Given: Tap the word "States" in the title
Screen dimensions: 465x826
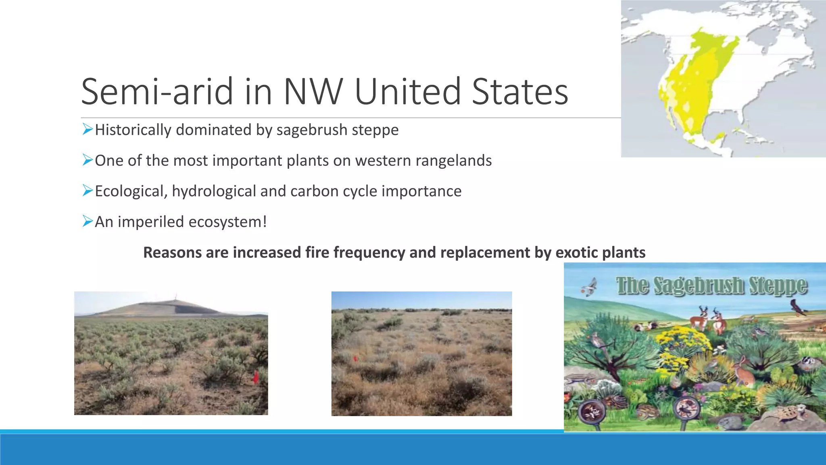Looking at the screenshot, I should [x=520, y=92].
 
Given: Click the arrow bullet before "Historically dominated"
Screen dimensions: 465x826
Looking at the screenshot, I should [x=88, y=129].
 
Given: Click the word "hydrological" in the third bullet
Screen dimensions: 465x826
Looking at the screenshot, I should [x=213, y=191].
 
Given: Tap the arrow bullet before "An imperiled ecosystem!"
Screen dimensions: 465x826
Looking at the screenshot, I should [x=88, y=221].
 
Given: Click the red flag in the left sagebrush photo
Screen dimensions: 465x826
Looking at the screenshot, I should [x=256, y=378].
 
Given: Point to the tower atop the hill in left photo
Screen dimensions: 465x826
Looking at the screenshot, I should [x=175, y=297].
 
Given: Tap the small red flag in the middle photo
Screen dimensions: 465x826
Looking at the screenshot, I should [x=355, y=358].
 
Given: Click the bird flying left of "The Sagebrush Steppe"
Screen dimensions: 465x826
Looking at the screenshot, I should [x=590, y=287].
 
